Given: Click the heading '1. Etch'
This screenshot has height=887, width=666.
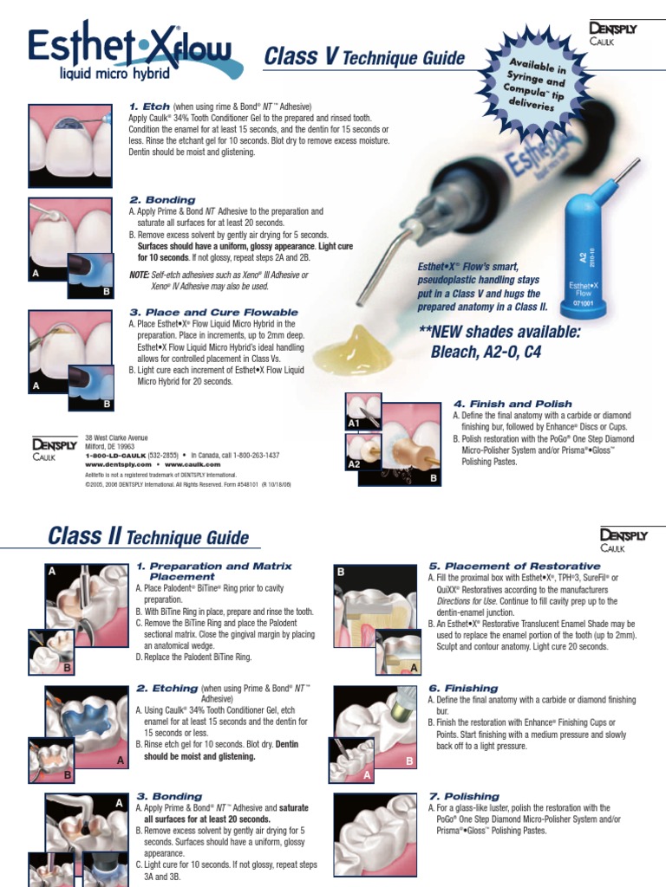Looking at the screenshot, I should coord(149,106).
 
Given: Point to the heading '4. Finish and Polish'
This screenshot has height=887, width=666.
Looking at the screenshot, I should coord(512,404).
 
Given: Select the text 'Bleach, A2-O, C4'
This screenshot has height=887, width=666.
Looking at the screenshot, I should coord(492,353).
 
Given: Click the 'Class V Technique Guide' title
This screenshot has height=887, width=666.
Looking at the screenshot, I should coord(363,59).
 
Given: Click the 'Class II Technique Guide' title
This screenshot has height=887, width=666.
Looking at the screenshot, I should coord(147,538).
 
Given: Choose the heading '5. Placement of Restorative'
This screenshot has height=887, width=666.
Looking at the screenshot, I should coord(514,566).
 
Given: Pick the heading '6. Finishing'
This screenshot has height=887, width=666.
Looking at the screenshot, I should coord(463,688).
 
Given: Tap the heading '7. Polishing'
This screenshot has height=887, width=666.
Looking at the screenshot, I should coord(466,795).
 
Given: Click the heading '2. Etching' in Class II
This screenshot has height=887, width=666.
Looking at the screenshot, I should coord(166,689).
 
